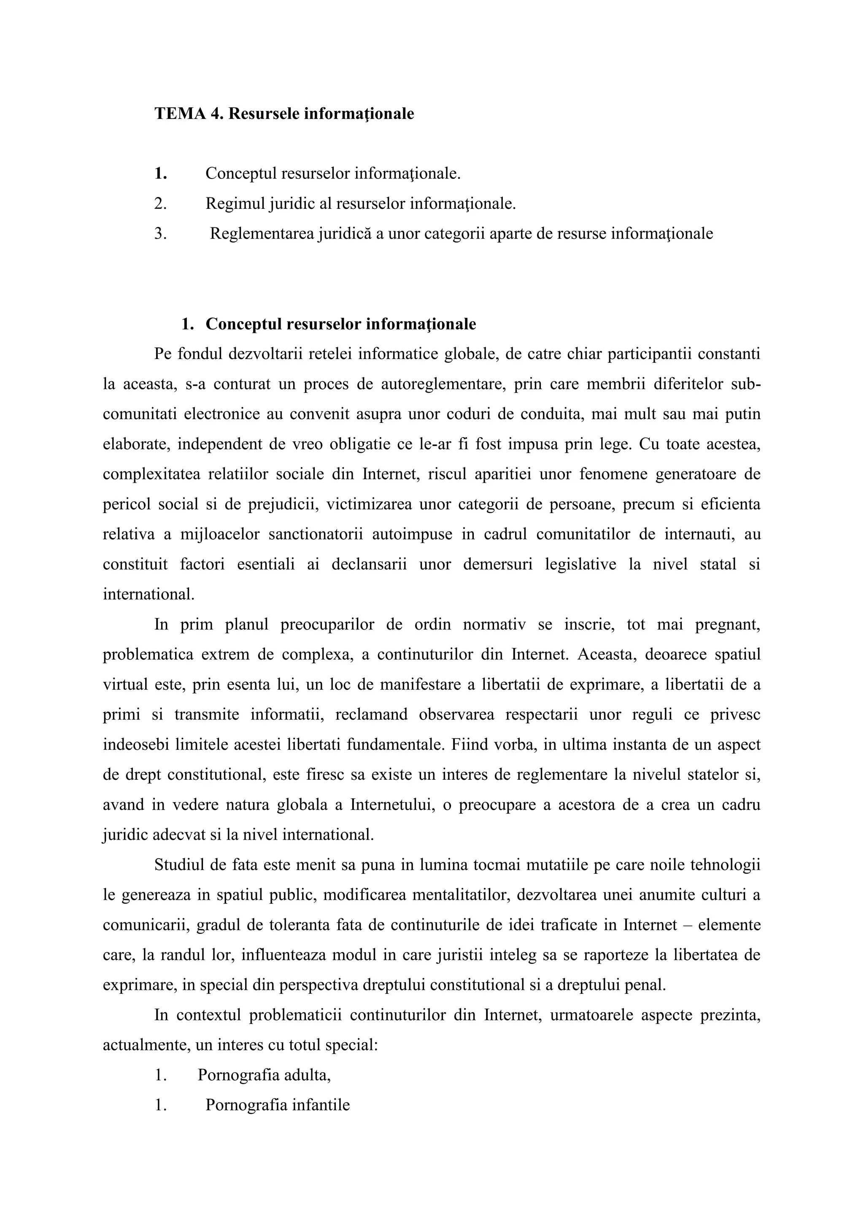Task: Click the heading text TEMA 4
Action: click(x=189, y=114)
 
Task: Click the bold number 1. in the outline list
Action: click(x=161, y=173)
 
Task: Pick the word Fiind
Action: click(x=471, y=745)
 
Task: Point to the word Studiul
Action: click(x=179, y=865)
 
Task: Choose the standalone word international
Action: click(x=148, y=595)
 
